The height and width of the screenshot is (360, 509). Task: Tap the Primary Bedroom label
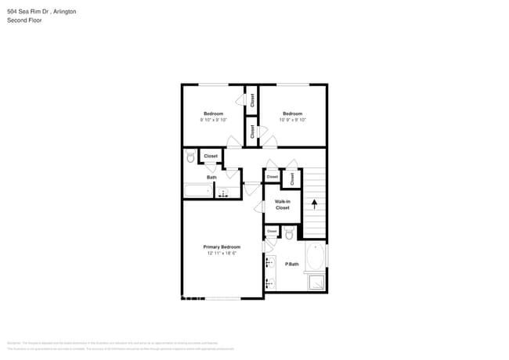tap(222, 247)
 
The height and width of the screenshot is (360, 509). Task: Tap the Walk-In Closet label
tap(282, 205)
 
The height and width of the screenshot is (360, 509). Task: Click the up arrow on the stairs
tap(315, 205)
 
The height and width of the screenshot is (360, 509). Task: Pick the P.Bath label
tap(292, 265)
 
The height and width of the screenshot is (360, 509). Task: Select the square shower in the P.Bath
tap(316, 283)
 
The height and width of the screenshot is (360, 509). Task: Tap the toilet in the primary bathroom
tap(289, 234)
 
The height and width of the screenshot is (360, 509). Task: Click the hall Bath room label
tap(211, 178)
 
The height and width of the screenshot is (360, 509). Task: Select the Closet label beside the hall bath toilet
tap(211, 157)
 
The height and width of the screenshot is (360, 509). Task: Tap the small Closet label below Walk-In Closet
tap(273, 232)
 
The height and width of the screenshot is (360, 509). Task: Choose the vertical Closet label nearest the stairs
tap(292, 178)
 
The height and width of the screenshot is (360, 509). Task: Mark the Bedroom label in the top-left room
tap(214, 113)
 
